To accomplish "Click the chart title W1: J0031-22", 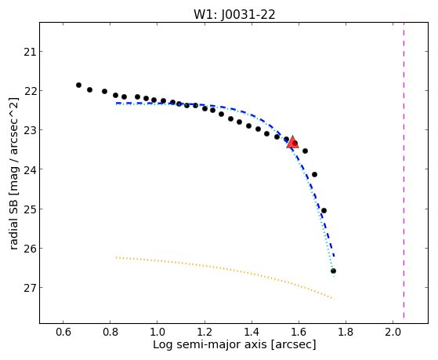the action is (x=234, y=15).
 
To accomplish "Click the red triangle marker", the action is (x=292, y=142).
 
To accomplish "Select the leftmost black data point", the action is (x=79, y=85).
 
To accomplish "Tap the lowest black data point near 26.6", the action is (x=333, y=271).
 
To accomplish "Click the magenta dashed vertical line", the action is (x=404, y=170).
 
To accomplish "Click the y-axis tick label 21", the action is (x=30, y=52).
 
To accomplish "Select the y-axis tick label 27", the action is (x=30, y=288).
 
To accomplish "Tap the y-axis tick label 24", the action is (x=30, y=169).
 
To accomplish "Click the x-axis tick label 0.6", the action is (x=63, y=332).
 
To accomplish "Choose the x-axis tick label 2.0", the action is (x=393, y=332).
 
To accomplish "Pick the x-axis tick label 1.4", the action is (x=252, y=332).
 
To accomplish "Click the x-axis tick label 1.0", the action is (x=157, y=332).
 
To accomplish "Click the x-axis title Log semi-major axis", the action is (x=210, y=344).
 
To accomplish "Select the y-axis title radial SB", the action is (x=13, y=218).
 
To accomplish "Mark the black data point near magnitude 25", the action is (x=324, y=210).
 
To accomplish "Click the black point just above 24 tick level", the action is (x=314, y=175).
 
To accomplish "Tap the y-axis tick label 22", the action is (x=30, y=91).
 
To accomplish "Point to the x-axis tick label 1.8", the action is (x=346, y=332).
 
